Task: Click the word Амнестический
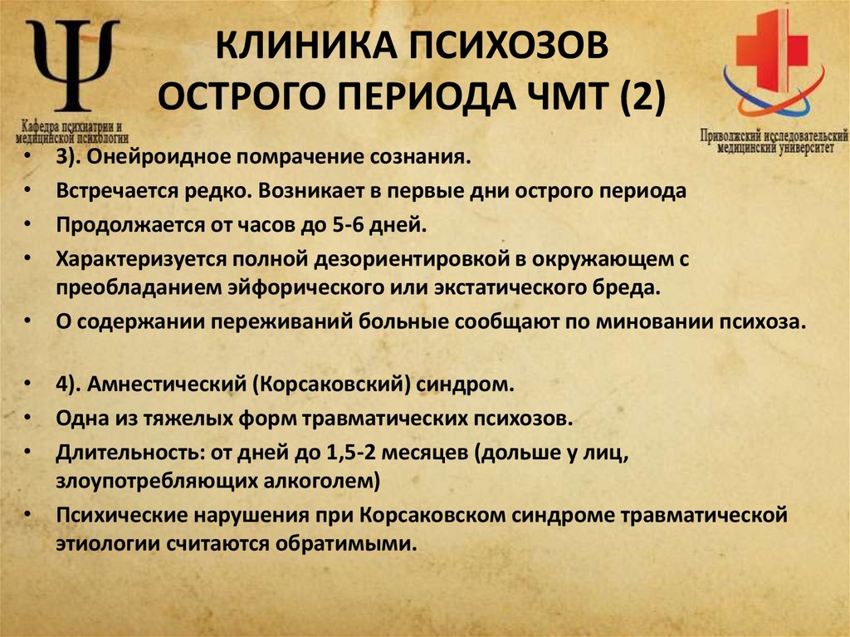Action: click(172, 385)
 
